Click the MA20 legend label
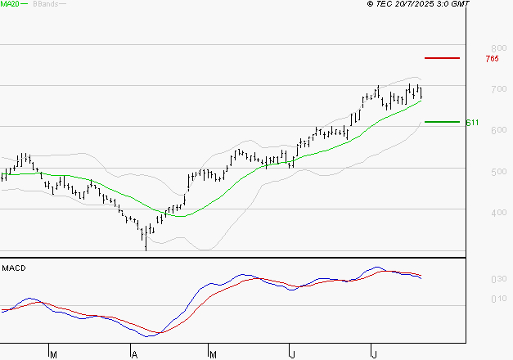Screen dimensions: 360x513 pyautogui.click(x=11, y=5)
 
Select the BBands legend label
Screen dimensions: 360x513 pyautogui.click(x=44, y=5)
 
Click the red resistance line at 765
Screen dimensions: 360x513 pyautogui.click(x=442, y=58)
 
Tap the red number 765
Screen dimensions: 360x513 pyautogui.click(x=492, y=59)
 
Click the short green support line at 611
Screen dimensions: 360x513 pyautogui.click(x=442, y=122)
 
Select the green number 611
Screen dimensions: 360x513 pyautogui.click(x=472, y=123)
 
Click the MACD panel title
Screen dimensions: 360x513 pyautogui.click(x=13, y=268)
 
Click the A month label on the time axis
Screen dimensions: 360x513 pyautogui.click(x=134, y=355)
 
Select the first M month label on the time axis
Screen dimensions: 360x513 pyautogui.click(x=54, y=355)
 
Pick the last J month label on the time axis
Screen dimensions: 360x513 pyautogui.click(x=374, y=355)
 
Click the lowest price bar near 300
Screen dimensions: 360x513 pyautogui.click(x=146, y=239)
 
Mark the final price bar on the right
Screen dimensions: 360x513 pyautogui.click(x=421, y=92)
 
